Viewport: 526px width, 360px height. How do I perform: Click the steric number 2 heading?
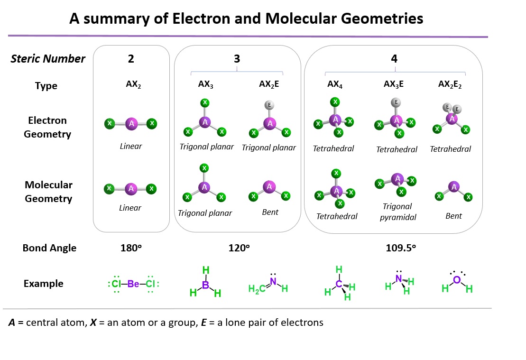coord(131,59)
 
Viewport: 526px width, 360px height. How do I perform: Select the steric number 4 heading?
coord(394,59)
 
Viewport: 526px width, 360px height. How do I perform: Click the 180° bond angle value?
coord(131,248)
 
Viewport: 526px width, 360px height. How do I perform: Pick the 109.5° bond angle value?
coord(401,248)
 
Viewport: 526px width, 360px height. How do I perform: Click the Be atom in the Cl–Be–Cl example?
coord(133,284)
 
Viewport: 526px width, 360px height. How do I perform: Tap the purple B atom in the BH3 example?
coord(206,286)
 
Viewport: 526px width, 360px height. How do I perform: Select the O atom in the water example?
coord(456,280)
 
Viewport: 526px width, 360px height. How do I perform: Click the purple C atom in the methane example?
coord(339,284)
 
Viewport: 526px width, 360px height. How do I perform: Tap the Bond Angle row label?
coord(49,248)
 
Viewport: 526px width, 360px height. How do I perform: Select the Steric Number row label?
coord(48,59)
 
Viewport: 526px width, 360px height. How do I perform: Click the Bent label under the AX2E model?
coord(270,212)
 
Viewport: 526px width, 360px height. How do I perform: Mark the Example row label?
coord(43,284)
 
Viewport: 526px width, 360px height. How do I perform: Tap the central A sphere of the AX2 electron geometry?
coord(131,124)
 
